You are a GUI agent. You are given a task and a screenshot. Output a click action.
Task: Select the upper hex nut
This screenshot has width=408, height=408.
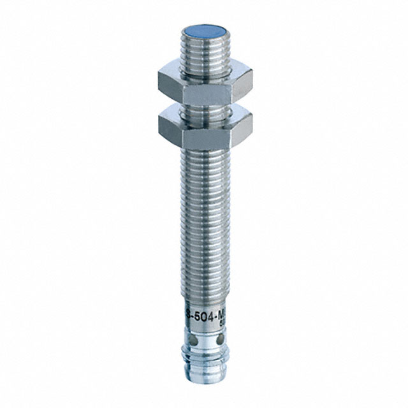tap(204, 82)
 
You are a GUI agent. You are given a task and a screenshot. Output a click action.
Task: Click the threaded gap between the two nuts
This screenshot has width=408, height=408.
tap(204, 106)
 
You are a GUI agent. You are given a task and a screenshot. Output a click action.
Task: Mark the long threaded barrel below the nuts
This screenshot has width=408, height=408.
tap(205, 210)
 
